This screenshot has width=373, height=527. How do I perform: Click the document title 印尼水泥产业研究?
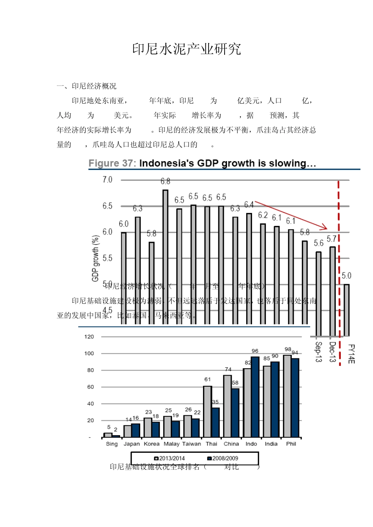[x=186, y=49]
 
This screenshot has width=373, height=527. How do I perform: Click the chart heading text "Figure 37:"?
[x=112, y=163]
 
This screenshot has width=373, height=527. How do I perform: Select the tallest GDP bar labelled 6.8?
[x=165, y=255]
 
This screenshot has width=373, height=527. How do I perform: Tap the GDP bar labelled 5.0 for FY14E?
[x=346, y=310]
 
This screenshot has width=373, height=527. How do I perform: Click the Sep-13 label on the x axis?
[x=318, y=352]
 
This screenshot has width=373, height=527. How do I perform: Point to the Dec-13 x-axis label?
[x=332, y=352]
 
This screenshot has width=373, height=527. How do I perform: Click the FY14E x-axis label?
[x=351, y=354]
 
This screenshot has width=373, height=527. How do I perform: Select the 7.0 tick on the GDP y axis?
[x=107, y=180]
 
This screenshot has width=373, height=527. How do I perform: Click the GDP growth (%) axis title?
[x=95, y=258]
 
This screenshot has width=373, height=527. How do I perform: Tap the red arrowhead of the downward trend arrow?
[x=324, y=227]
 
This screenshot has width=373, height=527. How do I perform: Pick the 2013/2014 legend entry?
[x=170, y=458]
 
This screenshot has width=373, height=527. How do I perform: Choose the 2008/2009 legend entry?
[x=223, y=458]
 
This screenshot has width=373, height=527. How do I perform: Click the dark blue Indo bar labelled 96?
[x=255, y=397]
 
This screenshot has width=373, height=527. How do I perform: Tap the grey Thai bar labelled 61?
[x=207, y=411]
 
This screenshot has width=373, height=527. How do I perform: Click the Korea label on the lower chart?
[x=152, y=444]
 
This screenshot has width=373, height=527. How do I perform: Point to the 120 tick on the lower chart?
[x=89, y=336]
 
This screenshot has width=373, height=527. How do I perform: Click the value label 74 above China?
[x=228, y=369]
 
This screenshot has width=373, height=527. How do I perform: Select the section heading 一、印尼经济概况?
[x=86, y=86]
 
